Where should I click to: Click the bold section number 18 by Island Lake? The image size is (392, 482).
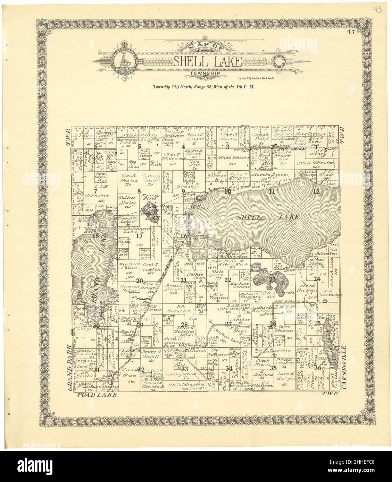tap(96, 236)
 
